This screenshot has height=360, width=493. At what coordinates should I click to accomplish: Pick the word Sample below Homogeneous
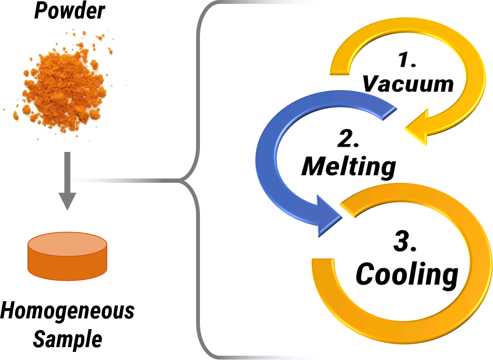68,339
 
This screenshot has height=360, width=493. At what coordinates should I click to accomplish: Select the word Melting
348,166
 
